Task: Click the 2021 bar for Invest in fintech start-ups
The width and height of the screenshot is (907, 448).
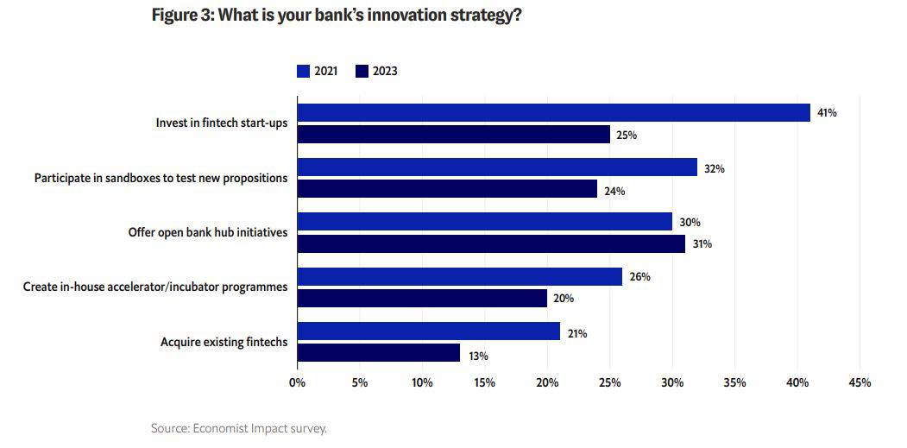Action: click(553, 113)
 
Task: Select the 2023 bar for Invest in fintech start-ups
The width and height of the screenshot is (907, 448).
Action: click(454, 135)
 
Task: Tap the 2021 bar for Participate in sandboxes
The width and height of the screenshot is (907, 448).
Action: click(497, 167)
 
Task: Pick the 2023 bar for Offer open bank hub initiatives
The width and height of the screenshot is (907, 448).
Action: click(491, 243)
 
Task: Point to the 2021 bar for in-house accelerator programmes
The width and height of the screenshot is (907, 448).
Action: click(460, 277)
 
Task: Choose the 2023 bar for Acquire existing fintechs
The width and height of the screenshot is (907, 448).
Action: click(378, 352)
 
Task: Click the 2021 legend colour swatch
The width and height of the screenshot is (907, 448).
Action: click(303, 71)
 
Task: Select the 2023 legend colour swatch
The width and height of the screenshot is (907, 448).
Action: click(362, 71)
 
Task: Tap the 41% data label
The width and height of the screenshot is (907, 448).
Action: click(827, 113)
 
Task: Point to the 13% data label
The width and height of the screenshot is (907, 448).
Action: click(477, 357)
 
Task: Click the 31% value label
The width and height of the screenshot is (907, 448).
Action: click(702, 244)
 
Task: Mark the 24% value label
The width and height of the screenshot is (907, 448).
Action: click(614, 191)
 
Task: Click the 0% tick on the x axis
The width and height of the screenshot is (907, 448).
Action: click(298, 382)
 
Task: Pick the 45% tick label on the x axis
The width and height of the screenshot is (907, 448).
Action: click(860, 382)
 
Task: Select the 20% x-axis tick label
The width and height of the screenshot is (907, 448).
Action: click(547, 382)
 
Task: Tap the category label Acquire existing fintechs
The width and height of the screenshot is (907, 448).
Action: click(224, 342)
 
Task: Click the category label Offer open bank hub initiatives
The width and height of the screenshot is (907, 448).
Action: click(208, 233)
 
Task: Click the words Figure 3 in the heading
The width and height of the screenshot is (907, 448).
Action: click(180, 15)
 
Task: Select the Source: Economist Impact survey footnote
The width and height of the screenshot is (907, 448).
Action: click(239, 429)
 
